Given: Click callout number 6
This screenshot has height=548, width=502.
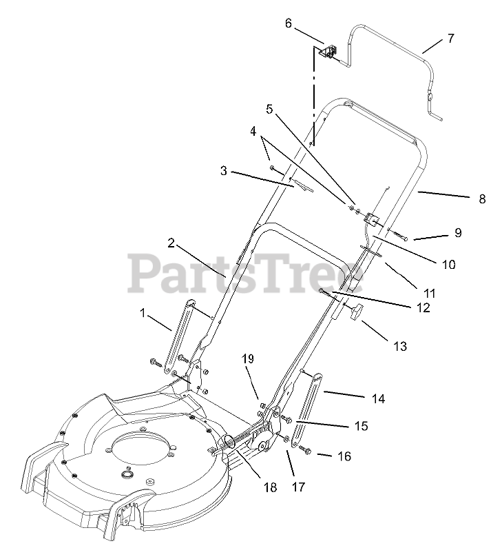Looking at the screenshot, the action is click(x=289, y=23).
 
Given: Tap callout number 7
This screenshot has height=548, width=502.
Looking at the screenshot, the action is click(x=450, y=39).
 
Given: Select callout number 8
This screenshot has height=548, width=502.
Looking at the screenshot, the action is click(x=482, y=199).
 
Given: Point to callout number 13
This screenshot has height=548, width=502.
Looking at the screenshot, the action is click(x=400, y=346).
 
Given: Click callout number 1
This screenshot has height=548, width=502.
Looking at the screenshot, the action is click(x=143, y=313).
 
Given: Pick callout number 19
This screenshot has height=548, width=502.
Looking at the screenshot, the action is click(x=248, y=359).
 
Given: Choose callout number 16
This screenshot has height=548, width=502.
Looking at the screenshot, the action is click(x=344, y=456).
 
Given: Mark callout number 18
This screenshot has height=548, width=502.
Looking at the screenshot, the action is click(x=270, y=487).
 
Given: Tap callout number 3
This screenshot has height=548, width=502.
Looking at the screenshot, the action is click(x=223, y=170).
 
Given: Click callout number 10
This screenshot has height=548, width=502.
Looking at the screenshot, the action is click(x=449, y=264).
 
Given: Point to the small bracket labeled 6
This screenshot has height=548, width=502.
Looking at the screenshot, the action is click(x=330, y=51).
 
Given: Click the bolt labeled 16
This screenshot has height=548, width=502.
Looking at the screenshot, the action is click(x=307, y=451).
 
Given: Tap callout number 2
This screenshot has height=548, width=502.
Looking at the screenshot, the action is click(x=171, y=243).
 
